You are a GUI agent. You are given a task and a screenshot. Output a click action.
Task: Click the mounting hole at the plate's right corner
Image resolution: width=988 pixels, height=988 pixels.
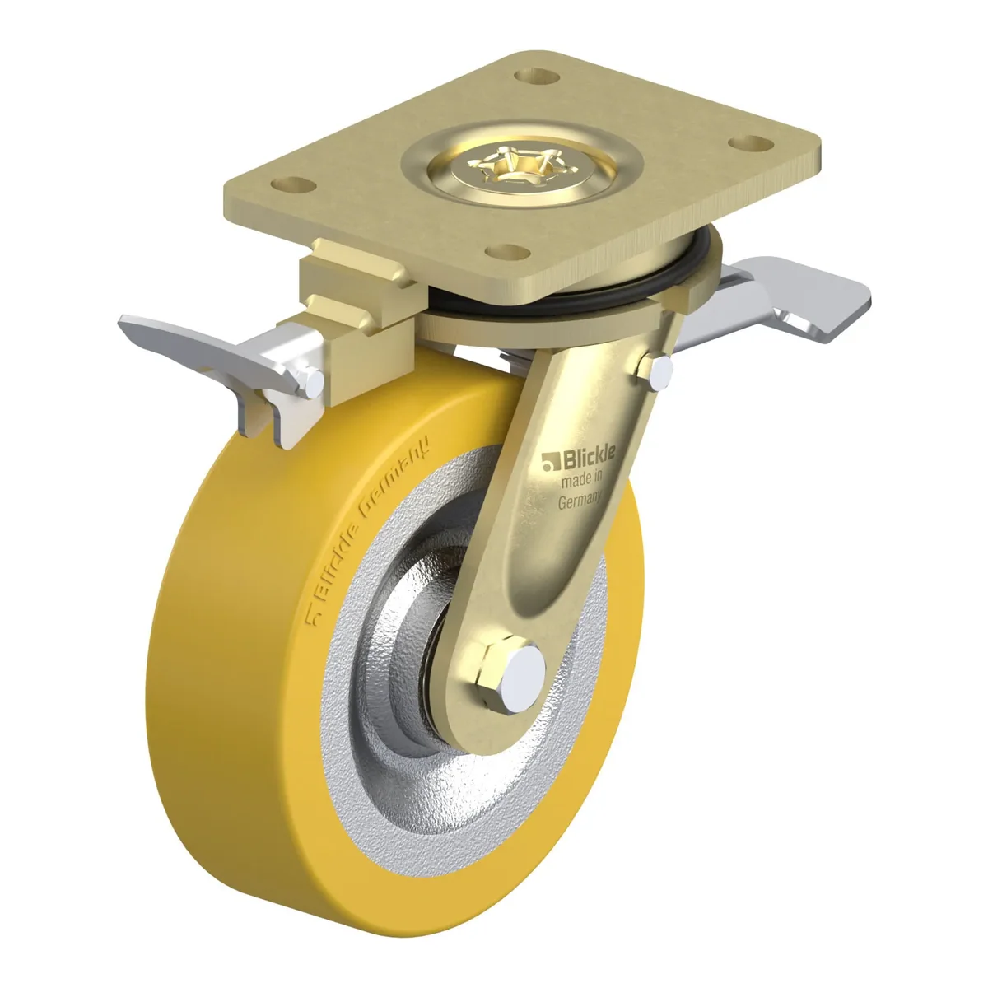click(751, 143)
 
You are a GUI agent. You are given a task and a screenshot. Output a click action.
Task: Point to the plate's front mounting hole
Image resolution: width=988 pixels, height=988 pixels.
click(508, 252)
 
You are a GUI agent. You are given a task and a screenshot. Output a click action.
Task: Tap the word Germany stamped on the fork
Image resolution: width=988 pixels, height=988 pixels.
click(580, 500)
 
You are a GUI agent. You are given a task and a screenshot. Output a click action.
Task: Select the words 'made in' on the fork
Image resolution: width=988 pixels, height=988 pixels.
click(582, 480)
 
